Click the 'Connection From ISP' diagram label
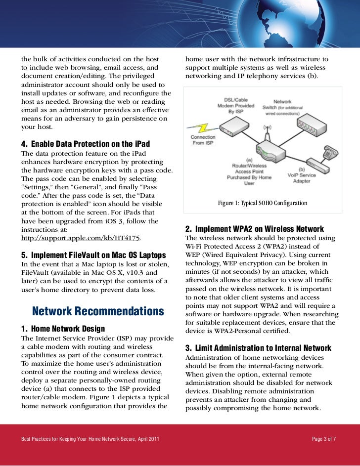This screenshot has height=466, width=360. (203, 140)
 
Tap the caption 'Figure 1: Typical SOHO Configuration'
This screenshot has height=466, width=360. (263, 203)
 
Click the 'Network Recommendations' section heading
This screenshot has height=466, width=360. (97, 311)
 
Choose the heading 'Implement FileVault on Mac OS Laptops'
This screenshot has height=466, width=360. (93, 255)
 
